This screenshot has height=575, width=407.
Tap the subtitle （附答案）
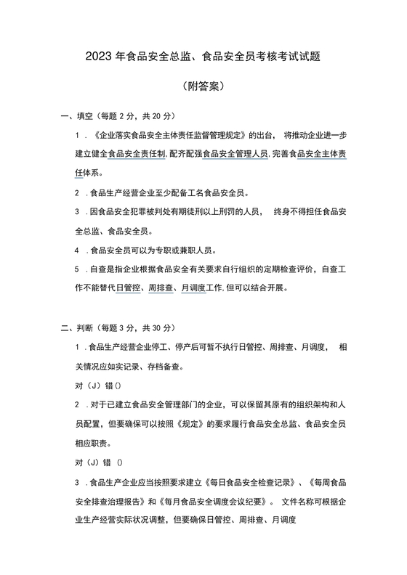point(203,86)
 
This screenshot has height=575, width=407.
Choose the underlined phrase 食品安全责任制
point(137,154)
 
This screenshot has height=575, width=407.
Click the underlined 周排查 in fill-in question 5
point(160,287)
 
